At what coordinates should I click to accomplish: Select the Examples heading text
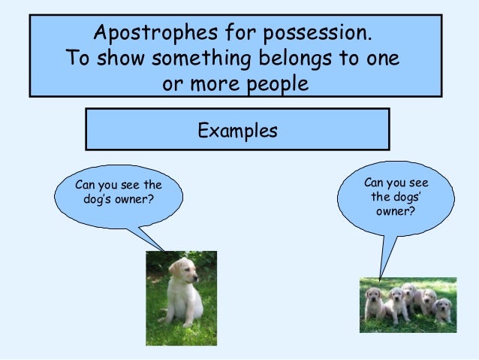click(x=237, y=131)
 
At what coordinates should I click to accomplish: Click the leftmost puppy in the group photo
click(x=373, y=304)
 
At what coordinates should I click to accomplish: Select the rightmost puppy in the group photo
click(x=444, y=308)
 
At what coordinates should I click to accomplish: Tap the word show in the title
click(x=116, y=59)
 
